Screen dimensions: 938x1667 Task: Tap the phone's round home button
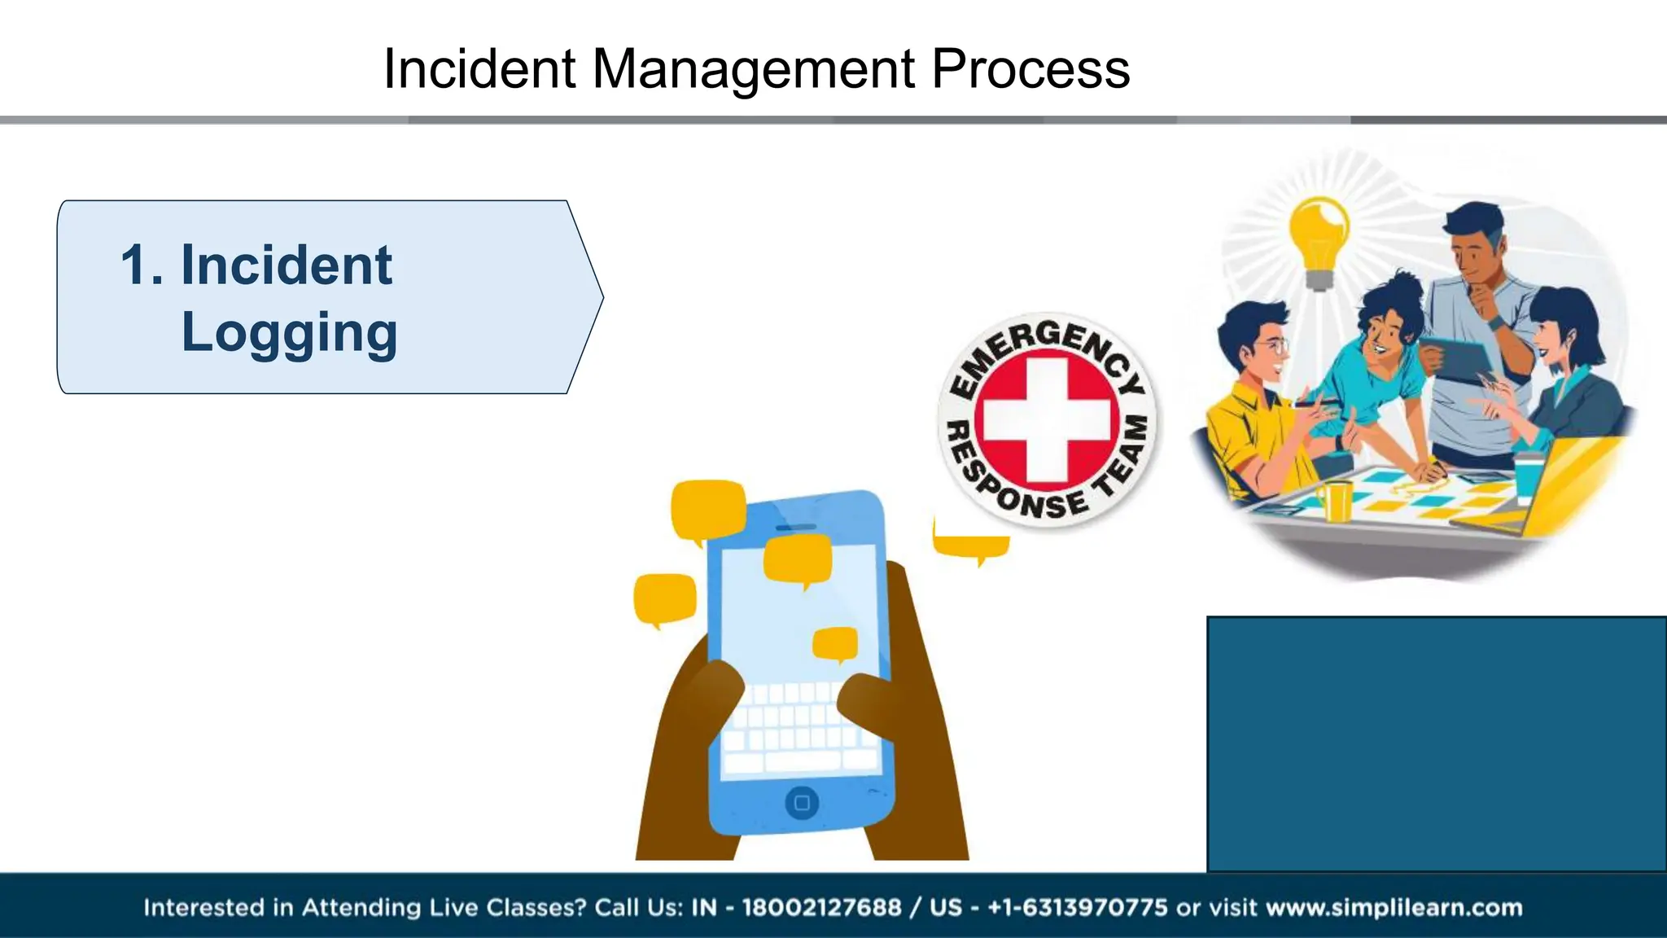pos(802,803)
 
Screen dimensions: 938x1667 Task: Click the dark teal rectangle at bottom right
pos(1436,743)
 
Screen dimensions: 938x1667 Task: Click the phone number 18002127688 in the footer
pos(821,907)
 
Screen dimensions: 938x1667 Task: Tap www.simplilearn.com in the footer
pos(1394,907)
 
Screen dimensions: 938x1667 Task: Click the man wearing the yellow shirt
pos(1258,407)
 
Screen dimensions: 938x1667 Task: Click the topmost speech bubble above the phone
pos(707,510)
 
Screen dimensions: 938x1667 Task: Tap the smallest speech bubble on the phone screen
pos(835,643)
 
